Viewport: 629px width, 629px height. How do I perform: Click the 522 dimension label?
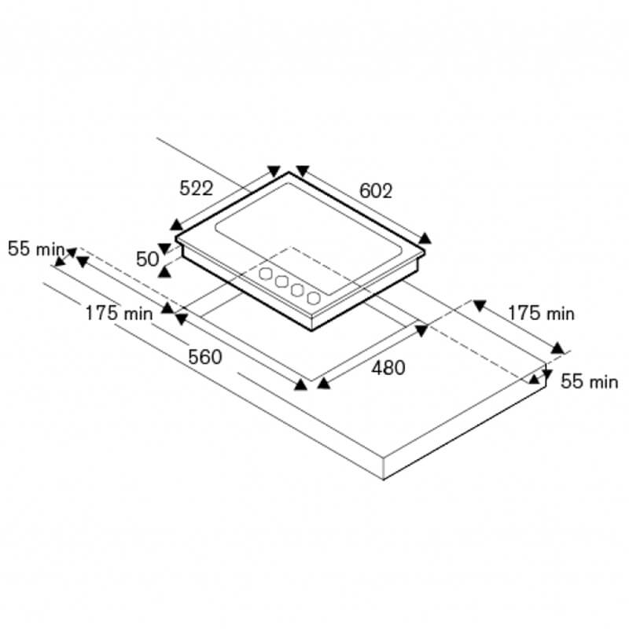[196, 188]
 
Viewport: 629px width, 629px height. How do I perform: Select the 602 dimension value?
[376, 191]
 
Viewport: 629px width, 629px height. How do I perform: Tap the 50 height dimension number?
[148, 259]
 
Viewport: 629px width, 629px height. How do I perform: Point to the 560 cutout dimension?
[205, 357]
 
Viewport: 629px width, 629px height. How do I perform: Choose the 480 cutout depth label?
[388, 368]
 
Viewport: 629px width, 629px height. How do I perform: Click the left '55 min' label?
[36, 248]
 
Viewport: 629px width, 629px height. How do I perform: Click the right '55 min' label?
[589, 381]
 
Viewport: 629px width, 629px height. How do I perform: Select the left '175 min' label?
[120, 313]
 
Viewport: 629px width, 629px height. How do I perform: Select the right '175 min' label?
[541, 313]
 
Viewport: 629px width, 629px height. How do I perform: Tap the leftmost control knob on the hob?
[266, 274]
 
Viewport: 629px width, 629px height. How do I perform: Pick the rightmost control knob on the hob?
[314, 298]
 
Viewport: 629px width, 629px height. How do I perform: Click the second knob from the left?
[281, 281]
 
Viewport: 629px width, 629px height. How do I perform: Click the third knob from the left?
[297, 289]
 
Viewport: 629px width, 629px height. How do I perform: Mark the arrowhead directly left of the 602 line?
[303, 171]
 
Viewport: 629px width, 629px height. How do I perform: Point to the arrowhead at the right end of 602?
[425, 238]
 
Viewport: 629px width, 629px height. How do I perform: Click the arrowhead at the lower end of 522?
[176, 225]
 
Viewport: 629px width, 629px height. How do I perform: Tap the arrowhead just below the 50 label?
[164, 272]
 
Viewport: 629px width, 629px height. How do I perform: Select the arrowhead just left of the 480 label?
[324, 384]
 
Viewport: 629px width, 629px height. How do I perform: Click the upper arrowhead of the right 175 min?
[480, 305]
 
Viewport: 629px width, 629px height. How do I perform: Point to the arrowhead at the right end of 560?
[300, 384]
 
